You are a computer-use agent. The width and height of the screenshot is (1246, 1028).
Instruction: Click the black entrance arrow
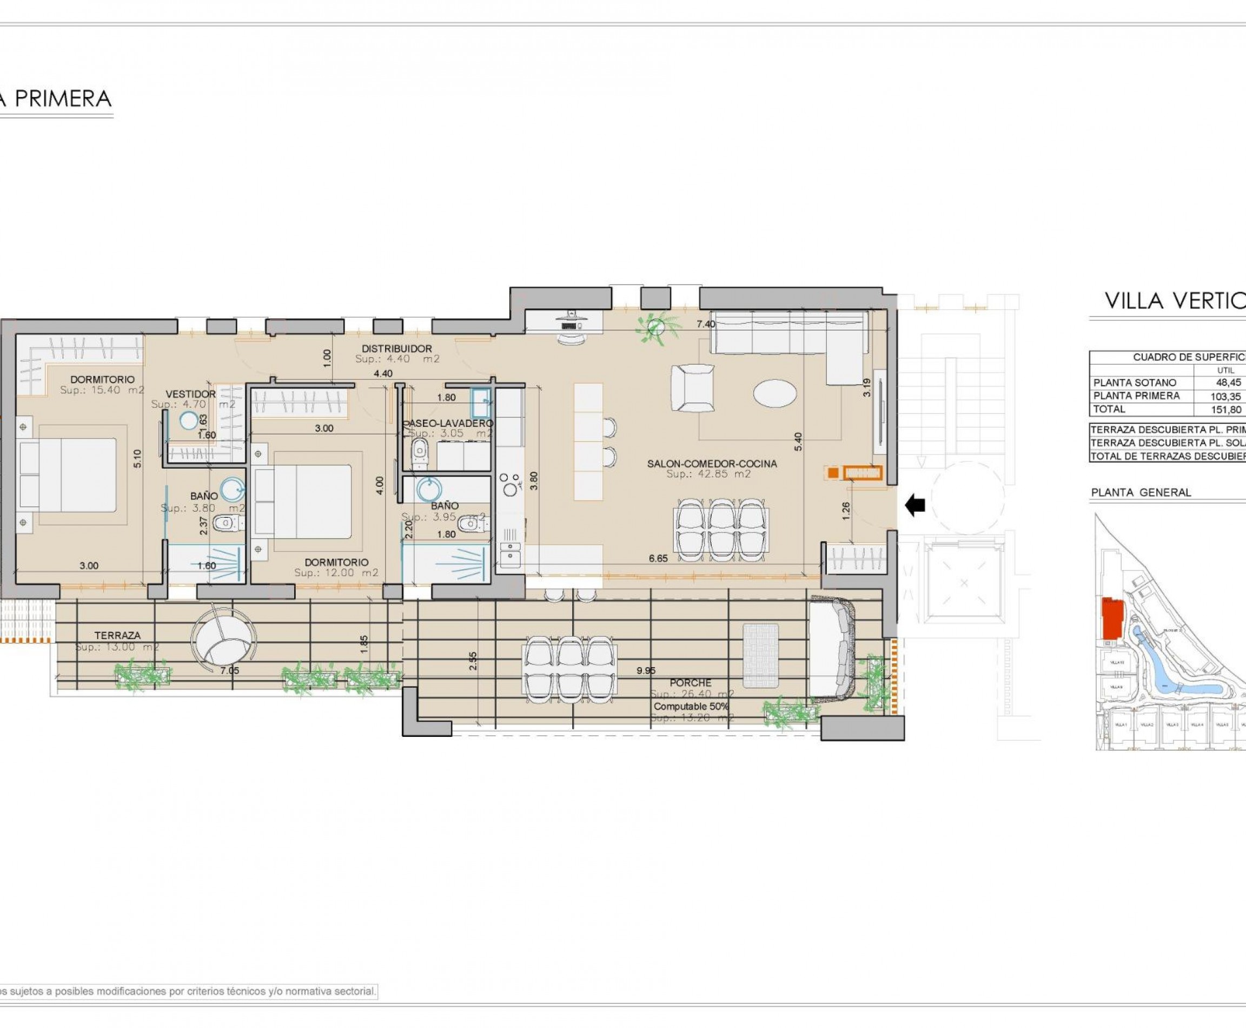(x=915, y=505)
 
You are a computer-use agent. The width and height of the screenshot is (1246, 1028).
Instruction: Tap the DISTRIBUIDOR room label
(x=396, y=349)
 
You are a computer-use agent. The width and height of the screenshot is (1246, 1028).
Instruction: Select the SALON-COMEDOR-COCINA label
(x=712, y=464)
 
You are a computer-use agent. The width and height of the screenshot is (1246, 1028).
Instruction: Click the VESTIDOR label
(x=190, y=394)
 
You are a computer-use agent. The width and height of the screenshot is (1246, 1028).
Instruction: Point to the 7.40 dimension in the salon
(x=706, y=324)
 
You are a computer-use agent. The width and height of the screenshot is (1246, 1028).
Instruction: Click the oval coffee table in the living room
(x=774, y=393)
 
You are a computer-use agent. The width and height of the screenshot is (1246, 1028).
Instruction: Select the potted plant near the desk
(x=656, y=326)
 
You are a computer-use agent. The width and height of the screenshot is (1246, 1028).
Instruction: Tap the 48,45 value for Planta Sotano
(x=1228, y=383)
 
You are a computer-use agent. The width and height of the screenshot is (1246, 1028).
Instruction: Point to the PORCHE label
(x=690, y=683)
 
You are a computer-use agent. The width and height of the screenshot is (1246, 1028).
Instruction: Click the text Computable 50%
(x=691, y=707)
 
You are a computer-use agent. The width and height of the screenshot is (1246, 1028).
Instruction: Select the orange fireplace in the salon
(x=863, y=472)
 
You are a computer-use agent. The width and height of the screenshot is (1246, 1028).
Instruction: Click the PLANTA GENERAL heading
(x=1141, y=492)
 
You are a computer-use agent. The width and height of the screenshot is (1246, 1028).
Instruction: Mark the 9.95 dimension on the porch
(x=646, y=671)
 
